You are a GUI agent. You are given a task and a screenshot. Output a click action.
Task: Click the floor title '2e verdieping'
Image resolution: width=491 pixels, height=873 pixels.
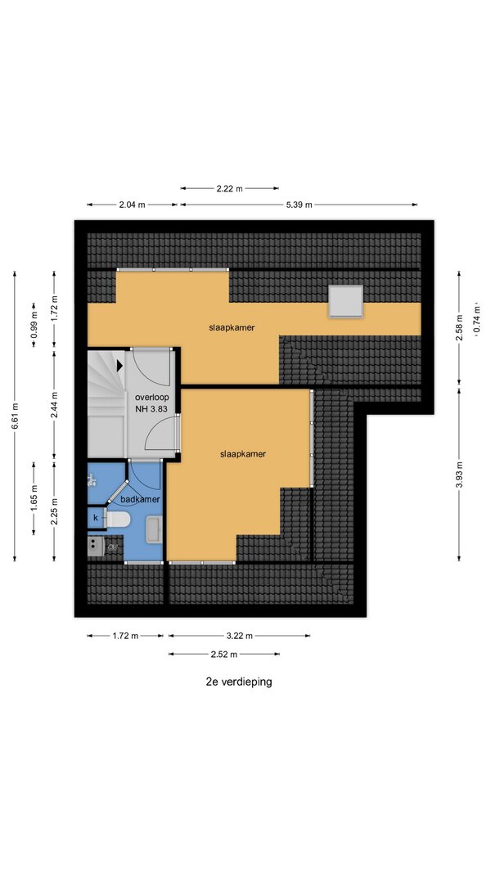(239, 682)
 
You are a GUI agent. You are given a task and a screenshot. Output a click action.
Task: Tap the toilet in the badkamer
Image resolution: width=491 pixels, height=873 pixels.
(118, 519)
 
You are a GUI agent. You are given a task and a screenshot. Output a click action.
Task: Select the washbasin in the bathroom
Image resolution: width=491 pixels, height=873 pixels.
(153, 529)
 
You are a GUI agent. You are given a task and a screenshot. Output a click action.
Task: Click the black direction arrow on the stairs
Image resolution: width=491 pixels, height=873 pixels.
(119, 366)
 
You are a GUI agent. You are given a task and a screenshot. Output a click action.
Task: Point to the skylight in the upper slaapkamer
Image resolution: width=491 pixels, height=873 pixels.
(345, 300)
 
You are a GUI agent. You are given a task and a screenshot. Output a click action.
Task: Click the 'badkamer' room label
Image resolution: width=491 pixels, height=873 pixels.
(141, 499)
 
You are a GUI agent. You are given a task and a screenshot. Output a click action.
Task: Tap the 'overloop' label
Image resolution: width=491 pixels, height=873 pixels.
(152, 398)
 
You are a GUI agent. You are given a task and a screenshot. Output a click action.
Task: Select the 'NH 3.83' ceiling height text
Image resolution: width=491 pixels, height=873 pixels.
(152, 408)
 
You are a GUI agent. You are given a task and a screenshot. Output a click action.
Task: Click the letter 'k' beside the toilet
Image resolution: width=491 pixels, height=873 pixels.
(96, 518)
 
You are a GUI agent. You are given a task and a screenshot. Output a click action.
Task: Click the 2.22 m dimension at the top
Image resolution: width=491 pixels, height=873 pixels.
(230, 189)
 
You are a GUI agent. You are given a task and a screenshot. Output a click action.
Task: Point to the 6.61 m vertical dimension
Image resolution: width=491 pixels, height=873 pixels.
(15, 416)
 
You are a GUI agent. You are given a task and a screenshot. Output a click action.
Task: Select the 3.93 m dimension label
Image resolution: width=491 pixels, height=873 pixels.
(459, 475)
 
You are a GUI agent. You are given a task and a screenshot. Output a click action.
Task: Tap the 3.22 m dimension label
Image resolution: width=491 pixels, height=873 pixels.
(240, 636)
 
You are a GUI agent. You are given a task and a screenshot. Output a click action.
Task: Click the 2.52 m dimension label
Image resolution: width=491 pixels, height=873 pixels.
(223, 655)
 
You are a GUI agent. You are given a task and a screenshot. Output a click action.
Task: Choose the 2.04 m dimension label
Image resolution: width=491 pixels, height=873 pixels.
(132, 205)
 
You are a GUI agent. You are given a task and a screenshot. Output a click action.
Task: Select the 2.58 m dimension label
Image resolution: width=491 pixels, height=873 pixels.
(459, 328)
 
